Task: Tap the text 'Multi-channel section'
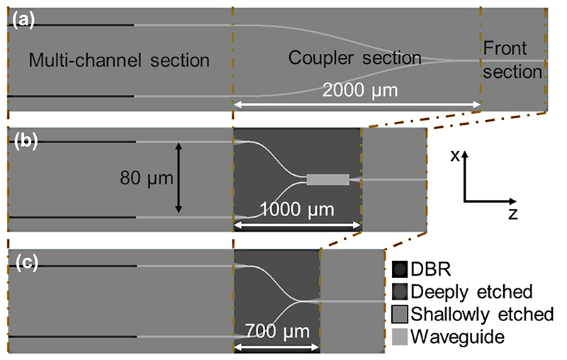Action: [x=119, y=61]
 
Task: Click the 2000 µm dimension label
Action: [x=357, y=91]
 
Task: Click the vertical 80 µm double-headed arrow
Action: [x=178, y=178]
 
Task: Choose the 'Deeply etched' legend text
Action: [x=471, y=291]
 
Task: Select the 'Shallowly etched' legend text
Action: [x=482, y=314]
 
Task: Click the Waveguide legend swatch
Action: [x=400, y=337]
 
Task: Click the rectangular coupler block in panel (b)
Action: [x=328, y=179]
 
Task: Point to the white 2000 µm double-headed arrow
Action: [x=357, y=106]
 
